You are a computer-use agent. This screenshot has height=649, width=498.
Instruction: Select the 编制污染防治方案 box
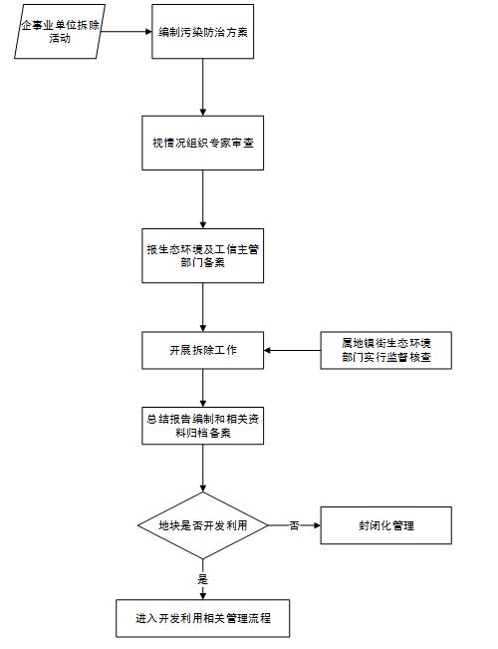click(203, 31)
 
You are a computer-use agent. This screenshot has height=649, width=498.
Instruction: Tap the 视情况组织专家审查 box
click(203, 142)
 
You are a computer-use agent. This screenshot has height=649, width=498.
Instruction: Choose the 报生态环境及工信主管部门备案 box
click(203, 256)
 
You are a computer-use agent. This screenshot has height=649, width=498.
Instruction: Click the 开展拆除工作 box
click(203, 350)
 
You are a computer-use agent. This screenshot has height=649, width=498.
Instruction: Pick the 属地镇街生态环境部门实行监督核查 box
click(385, 350)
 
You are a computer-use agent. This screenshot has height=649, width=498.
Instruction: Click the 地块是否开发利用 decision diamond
click(203, 524)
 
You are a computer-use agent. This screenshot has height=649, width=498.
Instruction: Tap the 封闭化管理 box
click(385, 524)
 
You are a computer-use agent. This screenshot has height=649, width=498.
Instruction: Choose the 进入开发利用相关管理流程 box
click(203, 618)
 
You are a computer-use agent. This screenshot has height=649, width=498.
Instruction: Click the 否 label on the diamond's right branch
click(294, 524)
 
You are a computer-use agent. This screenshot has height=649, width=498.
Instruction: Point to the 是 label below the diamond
click(203, 578)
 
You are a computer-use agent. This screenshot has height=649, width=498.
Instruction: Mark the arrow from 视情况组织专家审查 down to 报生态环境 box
click(203, 199)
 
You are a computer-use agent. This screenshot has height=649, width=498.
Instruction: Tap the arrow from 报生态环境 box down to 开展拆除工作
click(203, 305)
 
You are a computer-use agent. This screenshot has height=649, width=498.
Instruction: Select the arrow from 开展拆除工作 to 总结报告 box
click(203, 387)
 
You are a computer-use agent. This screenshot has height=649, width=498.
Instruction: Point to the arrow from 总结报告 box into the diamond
click(203, 469)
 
